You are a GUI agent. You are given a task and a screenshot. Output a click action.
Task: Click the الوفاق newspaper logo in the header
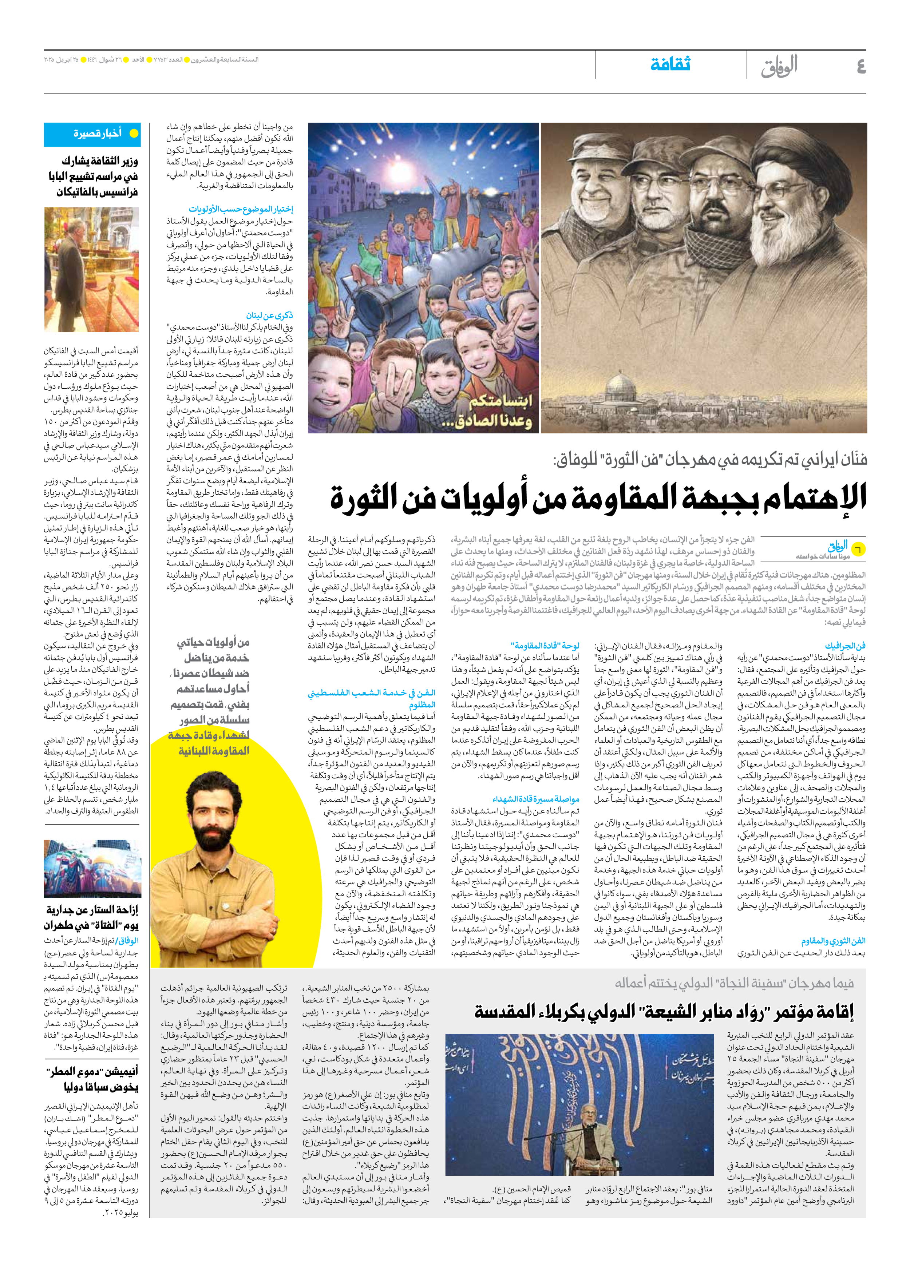pos(779,66)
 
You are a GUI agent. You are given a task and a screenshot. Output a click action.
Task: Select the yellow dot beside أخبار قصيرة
pos(134,134)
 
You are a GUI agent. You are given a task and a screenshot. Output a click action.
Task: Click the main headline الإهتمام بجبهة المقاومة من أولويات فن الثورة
pos(598,497)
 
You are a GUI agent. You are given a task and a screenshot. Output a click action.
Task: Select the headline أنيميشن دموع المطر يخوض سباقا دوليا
pos(92,1079)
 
